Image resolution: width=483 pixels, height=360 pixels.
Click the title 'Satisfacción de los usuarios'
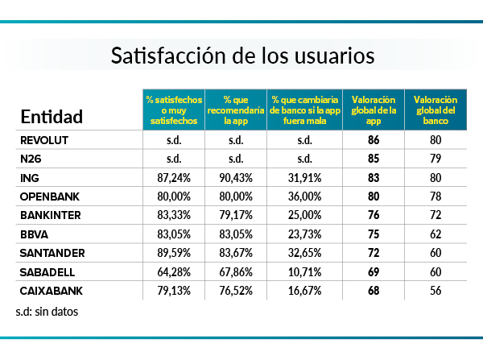point(242,56)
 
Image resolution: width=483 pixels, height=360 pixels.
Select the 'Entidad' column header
point(52,117)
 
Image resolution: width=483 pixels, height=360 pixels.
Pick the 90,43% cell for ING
point(237,177)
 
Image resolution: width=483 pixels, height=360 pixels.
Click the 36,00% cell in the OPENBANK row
point(304,197)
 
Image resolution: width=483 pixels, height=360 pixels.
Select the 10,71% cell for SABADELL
point(304,271)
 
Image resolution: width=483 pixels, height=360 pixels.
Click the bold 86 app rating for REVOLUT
point(373,140)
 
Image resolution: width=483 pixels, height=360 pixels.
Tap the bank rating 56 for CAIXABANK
point(435,290)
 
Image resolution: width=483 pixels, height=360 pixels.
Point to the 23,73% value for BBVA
point(304,234)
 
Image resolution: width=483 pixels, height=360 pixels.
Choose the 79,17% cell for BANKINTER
point(237,215)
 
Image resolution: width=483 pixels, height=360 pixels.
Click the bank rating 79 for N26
point(435,159)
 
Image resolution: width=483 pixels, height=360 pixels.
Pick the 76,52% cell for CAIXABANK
point(237,290)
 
